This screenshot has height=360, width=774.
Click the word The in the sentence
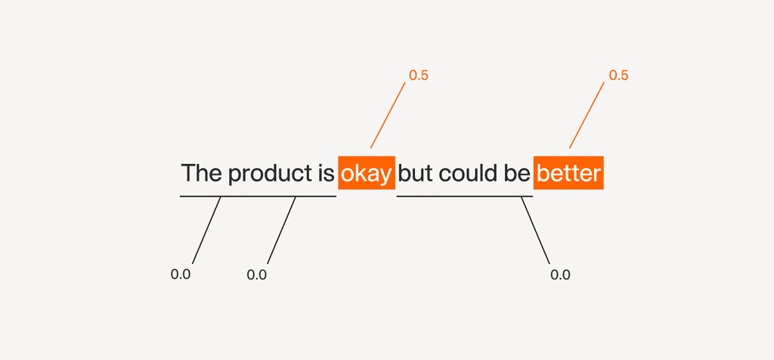pyautogui.click(x=201, y=173)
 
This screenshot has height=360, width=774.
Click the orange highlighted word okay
pyautogui.click(x=367, y=173)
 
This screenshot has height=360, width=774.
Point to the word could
pyautogui.click(x=469, y=173)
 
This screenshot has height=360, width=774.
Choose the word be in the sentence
pyautogui.click(x=517, y=173)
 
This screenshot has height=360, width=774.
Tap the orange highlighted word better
pyautogui.click(x=568, y=173)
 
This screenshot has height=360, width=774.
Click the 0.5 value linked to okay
pyautogui.click(x=419, y=76)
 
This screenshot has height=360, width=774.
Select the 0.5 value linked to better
pyautogui.click(x=618, y=76)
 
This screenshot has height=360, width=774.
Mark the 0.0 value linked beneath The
pyautogui.click(x=180, y=275)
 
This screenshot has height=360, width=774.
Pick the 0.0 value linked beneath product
pyautogui.click(x=257, y=275)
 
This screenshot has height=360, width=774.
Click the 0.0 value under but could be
pyautogui.click(x=560, y=275)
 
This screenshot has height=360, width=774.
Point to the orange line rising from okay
pyautogui.click(x=388, y=115)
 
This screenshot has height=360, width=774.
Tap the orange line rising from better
pyautogui.click(x=587, y=115)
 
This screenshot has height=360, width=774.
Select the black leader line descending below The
pyautogui.click(x=206, y=230)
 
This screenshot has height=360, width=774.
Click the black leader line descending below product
pyautogui.click(x=281, y=230)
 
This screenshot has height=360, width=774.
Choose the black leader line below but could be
pyautogui.click(x=536, y=230)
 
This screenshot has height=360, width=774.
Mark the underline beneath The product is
pyautogui.click(x=259, y=196)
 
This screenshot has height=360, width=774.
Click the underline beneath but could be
pyautogui.click(x=465, y=196)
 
